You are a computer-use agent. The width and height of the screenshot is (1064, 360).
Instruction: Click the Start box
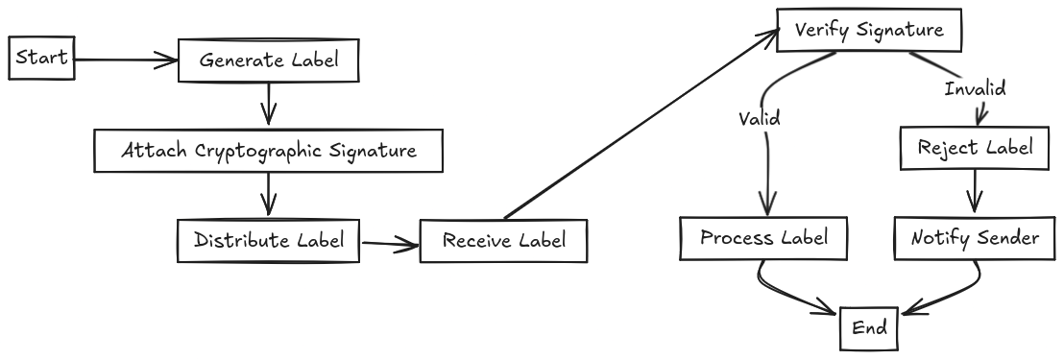(41, 59)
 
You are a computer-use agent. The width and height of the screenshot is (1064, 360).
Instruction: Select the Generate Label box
(268, 60)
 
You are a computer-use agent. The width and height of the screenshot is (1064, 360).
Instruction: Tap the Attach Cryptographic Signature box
(269, 151)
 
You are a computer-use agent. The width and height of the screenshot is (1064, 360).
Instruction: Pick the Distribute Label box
(268, 240)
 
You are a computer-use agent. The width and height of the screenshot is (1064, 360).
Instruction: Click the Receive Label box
(504, 241)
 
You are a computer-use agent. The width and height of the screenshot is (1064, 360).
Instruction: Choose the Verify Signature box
(869, 30)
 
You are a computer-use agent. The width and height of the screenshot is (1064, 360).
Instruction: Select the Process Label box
(764, 238)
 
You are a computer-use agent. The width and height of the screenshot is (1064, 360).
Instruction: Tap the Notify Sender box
(976, 238)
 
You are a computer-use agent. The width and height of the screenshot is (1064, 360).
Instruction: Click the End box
(868, 329)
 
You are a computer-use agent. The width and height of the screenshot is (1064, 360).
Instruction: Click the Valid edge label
(759, 120)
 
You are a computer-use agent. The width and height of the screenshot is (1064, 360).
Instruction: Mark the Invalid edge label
(975, 89)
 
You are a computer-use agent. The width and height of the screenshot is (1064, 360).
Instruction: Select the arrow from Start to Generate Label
(125, 60)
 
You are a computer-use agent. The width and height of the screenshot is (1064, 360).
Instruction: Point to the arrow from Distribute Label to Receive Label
(390, 244)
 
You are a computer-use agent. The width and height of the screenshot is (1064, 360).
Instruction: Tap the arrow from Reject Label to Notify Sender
(976, 192)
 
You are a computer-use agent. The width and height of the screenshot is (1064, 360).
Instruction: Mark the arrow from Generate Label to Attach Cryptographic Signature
(269, 104)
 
